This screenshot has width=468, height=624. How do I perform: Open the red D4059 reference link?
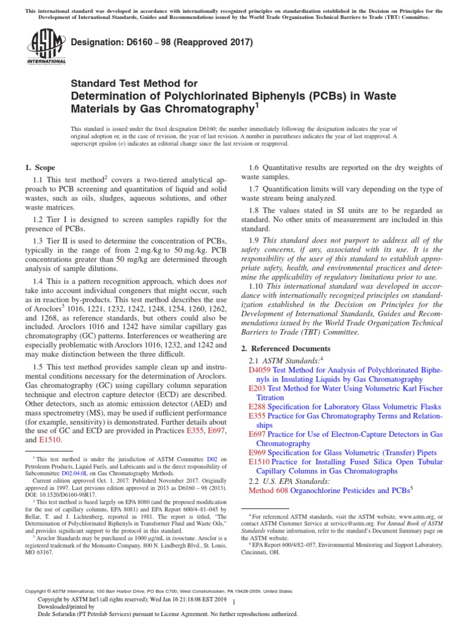point(259,370)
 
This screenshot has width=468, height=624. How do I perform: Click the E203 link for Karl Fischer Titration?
point(256,388)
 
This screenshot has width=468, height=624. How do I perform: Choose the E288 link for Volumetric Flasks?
point(256,406)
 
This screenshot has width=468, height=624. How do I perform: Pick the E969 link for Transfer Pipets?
point(256,453)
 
